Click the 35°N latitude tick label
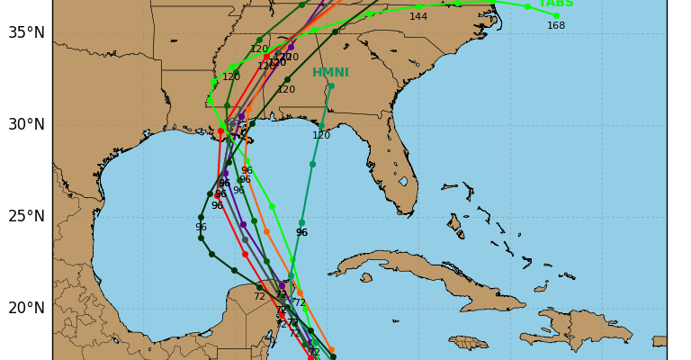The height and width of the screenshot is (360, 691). (x=26, y=32)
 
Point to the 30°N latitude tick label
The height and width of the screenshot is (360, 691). (x=26, y=124)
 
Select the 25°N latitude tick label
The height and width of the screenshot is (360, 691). (x=26, y=216)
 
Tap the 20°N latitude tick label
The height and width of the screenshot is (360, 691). (x=26, y=308)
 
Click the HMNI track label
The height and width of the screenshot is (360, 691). (x=330, y=73)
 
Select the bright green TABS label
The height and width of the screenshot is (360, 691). (x=556, y=4)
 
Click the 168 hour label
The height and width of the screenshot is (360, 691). (x=556, y=25)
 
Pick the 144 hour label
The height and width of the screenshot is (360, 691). (x=418, y=16)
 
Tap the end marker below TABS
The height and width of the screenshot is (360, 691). (x=556, y=15)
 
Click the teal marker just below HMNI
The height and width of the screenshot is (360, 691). (x=330, y=86)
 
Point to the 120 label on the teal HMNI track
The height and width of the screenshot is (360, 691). (x=321, y=136)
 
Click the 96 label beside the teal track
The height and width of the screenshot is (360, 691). (x=301, y=232)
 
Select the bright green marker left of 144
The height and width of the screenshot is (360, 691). (x=369, y=13)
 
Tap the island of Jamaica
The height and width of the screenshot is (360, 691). (x=468, y=342)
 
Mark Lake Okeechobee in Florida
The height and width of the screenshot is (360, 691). (x=403, y=182)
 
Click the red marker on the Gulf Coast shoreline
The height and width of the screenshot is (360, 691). (x=220, y=131)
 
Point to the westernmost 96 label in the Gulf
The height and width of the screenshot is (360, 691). (x=201, y=227)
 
